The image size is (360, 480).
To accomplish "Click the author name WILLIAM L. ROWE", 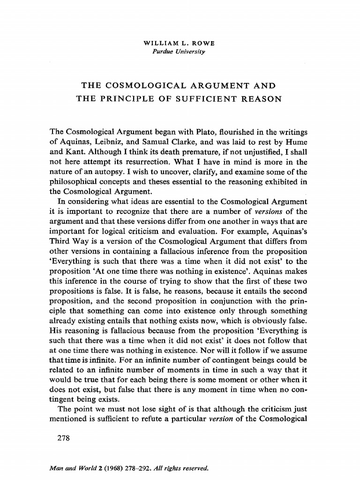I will [x=180, y=44].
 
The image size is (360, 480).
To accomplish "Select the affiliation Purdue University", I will [x=180, y=51].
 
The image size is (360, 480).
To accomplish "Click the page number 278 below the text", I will [x=62, y=439].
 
